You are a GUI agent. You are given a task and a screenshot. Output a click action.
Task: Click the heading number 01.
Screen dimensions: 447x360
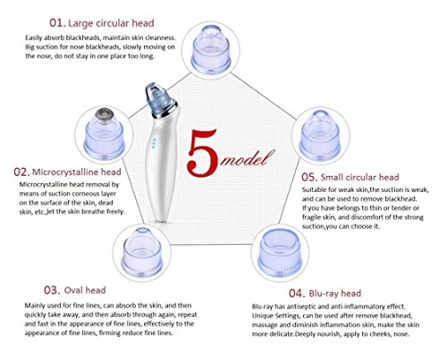click(x=57, y=23)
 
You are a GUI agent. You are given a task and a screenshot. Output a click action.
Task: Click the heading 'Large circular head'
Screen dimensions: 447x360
click(x=111, y=23)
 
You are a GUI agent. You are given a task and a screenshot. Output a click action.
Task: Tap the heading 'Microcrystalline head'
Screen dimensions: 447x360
click(x=76, y=172)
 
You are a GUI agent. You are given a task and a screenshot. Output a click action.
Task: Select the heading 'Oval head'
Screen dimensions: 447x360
click(x=85, y=290)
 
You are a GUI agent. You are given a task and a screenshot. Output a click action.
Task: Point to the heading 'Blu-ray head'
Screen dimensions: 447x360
click(x=335, y=293)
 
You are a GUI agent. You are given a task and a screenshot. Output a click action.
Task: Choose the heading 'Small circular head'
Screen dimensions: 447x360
click(x=359, y=177)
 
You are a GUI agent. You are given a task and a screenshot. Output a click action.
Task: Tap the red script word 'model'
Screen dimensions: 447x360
click(x=247, y=158)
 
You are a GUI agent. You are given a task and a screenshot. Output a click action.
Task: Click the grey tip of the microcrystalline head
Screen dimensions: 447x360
click(x=105, y=114)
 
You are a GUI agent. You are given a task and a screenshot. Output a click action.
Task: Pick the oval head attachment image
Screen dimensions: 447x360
click(x=142, y=252)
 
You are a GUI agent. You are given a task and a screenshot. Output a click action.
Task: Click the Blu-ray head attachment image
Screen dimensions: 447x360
click(x=280, y=252)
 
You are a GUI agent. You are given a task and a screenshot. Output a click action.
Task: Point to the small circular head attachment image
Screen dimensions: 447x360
click(x=319, y=134)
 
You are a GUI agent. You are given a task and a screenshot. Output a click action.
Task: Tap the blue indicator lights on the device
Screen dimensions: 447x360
click(x=154, y=143)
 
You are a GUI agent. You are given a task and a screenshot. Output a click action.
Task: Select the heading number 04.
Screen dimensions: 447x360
click(x=297, y=293)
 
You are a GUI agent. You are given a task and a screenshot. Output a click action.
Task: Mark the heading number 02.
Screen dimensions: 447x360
click(x=21, y=172)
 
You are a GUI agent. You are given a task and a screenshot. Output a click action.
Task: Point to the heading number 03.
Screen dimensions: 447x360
click(x=52, y=290)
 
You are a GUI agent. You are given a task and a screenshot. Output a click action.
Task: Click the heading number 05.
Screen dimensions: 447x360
click(x=309, y=177)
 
